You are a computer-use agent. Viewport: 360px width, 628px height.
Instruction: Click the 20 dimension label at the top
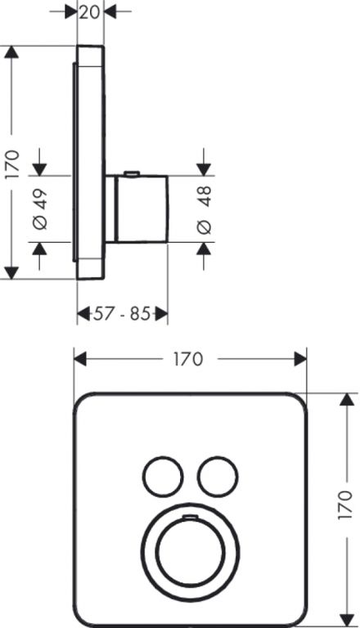(x=89, y=12)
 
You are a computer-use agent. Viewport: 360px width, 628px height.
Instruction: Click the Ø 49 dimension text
(x=40, y=209)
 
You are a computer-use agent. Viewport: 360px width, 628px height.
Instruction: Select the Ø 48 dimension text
(x=205, y=210)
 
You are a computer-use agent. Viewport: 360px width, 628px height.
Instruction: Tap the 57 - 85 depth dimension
(x=122, y=314)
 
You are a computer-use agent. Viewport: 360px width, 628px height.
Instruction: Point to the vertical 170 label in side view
(x=12, y=164)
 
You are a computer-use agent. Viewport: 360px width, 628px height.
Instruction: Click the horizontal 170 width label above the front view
(x=188, y=359)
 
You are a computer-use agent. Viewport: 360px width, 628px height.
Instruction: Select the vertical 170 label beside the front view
(x=345, y=505)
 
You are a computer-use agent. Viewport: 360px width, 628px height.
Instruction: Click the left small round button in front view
(x=163, y=476)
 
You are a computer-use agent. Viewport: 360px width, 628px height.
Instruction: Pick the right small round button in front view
(x=218, y=476)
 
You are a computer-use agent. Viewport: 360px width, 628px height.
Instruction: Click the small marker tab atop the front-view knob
(x=191, y=518)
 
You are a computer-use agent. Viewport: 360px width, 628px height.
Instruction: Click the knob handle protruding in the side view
(x=141, y=209)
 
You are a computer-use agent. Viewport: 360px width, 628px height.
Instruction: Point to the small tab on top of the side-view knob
(x=132, y=173)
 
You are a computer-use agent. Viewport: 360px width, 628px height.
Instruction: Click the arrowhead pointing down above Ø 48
(x=204, y=169)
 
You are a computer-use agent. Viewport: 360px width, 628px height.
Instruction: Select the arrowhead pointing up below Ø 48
(x=204, y=249)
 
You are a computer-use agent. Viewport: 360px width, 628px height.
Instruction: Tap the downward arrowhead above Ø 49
(x=39, y=169)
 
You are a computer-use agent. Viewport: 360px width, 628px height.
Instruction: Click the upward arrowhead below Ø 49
(x=39, y=249)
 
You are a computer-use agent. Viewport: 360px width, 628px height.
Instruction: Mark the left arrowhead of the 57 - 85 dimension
(x=83, y=314)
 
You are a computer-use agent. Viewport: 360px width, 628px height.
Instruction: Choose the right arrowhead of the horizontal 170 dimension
(x=300, y=359)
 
